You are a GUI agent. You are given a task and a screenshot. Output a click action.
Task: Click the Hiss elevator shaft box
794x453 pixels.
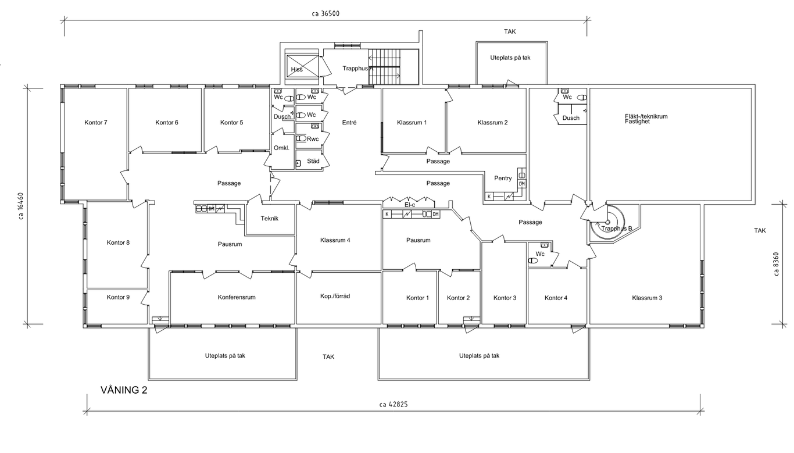click(x=302, y=66)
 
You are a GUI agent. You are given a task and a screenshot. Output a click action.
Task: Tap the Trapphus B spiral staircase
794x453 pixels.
click(x=608, y=222)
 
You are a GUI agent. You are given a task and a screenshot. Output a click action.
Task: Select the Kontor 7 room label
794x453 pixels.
click(x=96, y=123)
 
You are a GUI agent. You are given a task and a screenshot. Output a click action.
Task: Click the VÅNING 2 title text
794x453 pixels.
click(x=124, y=390)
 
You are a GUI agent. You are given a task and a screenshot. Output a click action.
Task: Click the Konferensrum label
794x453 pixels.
click(x=237, y=297)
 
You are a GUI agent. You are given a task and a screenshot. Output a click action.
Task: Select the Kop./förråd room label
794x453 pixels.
click(x=335, y=296)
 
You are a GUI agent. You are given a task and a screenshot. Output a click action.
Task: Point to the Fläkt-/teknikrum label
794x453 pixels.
click(x=645, y=117)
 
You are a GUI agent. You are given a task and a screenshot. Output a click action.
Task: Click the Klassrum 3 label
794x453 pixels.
click(x=647, y=298)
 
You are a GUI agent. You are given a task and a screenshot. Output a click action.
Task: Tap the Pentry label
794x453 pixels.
click(x=503, y=179)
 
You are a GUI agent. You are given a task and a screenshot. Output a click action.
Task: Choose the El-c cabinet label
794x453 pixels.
click(x=410, y=205)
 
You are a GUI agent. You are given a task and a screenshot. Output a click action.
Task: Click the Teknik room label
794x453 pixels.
click(x=270, y=219)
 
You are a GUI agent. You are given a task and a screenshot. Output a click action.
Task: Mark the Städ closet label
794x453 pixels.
click(x=313, y=161)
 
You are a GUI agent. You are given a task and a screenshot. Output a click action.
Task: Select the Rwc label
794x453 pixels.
click(x=313, y=139)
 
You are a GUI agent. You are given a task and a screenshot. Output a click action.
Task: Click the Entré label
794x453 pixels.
click(x=349, y=123)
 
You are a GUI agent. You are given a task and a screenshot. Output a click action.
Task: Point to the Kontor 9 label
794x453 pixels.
click(x=118, y=297)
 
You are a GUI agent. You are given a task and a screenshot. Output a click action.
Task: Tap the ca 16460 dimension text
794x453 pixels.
click(x=21, y=206)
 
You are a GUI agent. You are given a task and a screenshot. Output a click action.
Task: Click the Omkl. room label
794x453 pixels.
click(x=281, y=148)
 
